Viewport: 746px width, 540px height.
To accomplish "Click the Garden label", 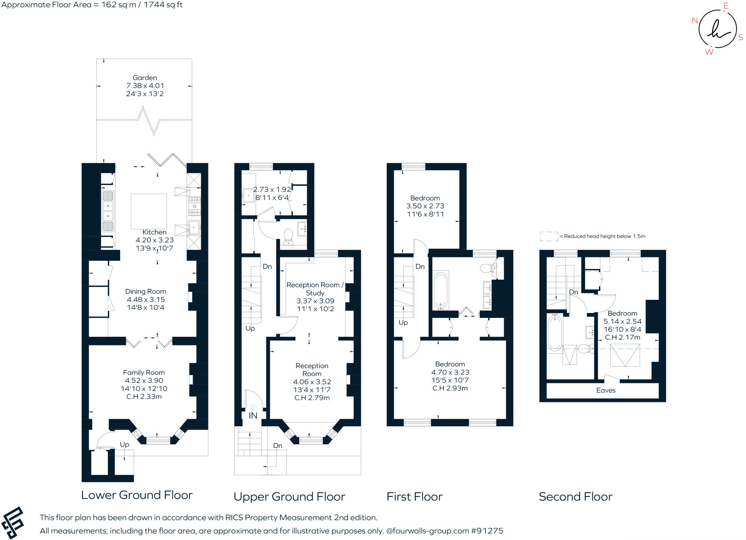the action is pyautogui.click(x=145, y=78).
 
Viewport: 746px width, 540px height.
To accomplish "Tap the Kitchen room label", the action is pyautogui.click(x=154, y=232).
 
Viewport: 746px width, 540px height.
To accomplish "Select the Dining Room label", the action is pyautogui.click(x=146, y=291).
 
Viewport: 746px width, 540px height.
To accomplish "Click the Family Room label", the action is pyautogui.click(x=144, y=373).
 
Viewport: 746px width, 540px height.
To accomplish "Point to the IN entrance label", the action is pyautogui.click(x=253, y=415).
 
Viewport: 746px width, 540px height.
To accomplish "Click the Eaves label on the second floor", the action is pyautogui.click(x=606, y=390).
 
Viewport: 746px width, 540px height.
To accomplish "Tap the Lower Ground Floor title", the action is pyautogui.click(x=137, y=495).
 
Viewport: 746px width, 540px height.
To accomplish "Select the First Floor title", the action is pyautogui.click(x=415, y=496).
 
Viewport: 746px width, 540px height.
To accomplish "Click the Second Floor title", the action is pyautogui.click(x=576, y=496).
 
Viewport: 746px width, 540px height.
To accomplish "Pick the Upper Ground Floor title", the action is pyautogui.click(x=289, y=497).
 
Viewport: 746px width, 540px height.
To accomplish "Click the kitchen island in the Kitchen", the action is pyautogui.click(x=149, y=211).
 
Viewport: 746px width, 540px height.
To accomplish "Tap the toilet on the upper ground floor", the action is pyautogui.click(x=288, y=236).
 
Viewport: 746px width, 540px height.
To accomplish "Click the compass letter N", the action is pyautogui.click(x=695, y=20).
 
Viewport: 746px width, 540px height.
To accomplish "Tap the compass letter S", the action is pyautogui.click(x=741, y=38).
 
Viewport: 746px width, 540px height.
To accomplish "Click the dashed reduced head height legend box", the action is pyautogui.click(x=549, y=236).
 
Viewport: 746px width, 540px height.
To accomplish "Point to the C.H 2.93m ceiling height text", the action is pyautogui.click(x=450, y=388).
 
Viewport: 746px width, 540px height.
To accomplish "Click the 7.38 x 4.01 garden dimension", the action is pyautogui.click(x=145, y=86).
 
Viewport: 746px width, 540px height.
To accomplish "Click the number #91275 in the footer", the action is pyautogui.click(x=487, y=531).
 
